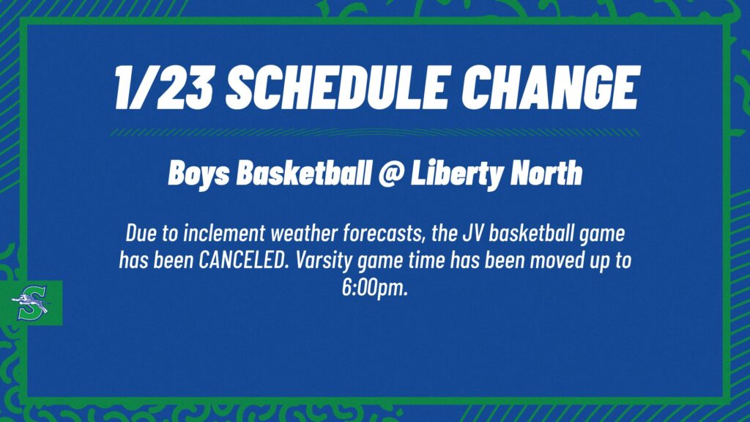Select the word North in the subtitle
(546, 174)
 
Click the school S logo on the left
(31, 303)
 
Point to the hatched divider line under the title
(374, 133)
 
